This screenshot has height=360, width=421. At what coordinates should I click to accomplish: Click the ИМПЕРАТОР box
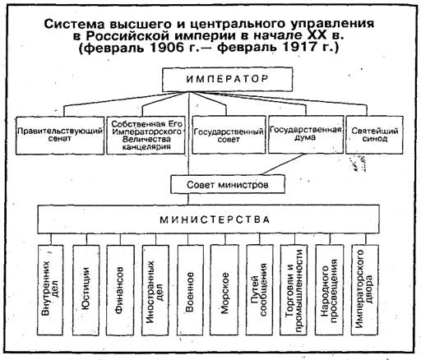pos(227,80)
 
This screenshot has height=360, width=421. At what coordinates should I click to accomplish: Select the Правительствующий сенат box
pos(60,136)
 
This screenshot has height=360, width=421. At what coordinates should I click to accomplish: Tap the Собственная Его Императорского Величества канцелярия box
pos(146,136)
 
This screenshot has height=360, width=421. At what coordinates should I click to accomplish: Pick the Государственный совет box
pos(229,135)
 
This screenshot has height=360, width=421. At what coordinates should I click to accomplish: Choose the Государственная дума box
pos(306,134)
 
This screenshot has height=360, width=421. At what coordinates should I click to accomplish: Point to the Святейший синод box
pos(374,135)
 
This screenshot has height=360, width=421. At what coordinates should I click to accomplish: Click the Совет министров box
pos(228,184)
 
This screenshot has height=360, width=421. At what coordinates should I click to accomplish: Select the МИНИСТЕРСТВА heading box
pos(209,219)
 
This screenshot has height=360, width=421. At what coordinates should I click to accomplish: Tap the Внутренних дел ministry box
pos(50,289)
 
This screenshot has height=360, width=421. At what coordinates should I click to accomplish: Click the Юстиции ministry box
pos(86,289)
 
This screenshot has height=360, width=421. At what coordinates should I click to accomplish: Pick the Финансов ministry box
pos(120,289)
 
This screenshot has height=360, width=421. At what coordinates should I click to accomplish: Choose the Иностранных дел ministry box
pos(155,289)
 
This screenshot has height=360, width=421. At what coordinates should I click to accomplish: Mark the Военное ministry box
pos(190,289)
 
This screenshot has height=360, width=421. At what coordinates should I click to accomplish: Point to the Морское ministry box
pos(224,289)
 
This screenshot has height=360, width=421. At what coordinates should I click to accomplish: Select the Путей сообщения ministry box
pos(260,289)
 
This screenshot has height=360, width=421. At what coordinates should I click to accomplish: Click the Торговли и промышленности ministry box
pos(294,289)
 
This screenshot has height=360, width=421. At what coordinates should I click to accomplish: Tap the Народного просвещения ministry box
pos(330,289)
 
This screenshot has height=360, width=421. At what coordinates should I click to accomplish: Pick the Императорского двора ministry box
pos(365,289)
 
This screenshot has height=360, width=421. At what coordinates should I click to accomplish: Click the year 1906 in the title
pos(167,48)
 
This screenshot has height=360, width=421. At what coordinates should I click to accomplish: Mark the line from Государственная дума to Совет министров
pos(283,164)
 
